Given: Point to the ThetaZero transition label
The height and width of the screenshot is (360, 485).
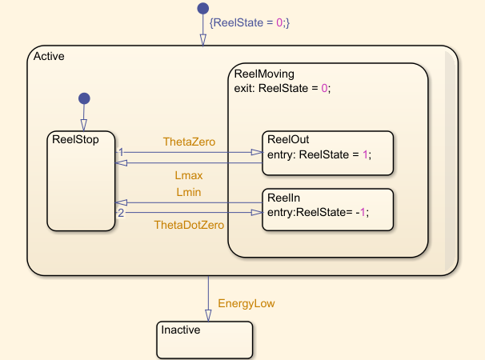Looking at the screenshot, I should (x=189, y=142).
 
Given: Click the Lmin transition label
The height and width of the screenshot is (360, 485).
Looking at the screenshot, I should (x=189, y=192).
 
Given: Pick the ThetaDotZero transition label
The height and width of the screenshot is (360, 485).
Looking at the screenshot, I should (x=189, y=225).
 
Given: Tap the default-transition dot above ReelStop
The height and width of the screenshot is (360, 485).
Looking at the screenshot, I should (x=82, y=98).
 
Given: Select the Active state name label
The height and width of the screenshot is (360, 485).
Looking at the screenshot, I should (x=49, y=56).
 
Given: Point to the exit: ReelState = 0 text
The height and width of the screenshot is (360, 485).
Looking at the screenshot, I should (x=282, y=89).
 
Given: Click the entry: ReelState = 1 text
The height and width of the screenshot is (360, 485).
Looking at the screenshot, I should (x=320, y=154).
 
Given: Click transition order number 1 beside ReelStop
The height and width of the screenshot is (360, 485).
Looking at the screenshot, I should (x=121, y=151).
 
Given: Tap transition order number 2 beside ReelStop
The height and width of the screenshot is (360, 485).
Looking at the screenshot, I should (x=121, y=213).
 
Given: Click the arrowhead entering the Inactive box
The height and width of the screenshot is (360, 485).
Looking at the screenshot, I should (x=208, y=317).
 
